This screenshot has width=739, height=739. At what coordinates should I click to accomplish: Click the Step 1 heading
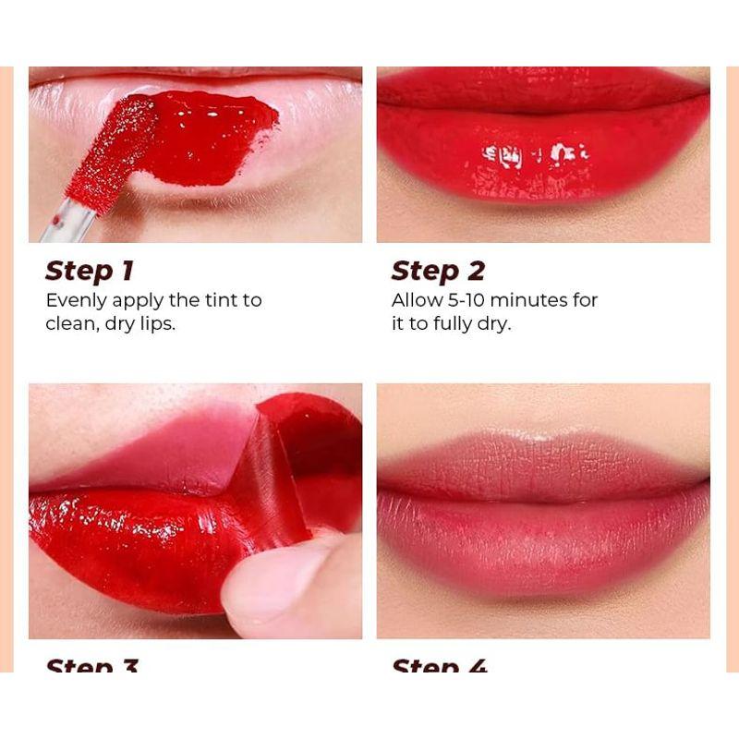[90, 271]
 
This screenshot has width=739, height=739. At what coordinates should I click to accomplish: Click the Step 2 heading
[438, 271]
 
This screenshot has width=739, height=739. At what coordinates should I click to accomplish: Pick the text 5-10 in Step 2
[470, 300]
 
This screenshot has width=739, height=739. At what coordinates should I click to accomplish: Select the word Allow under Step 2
[416, 300]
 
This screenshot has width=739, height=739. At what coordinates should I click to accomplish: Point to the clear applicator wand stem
[67, 222]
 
